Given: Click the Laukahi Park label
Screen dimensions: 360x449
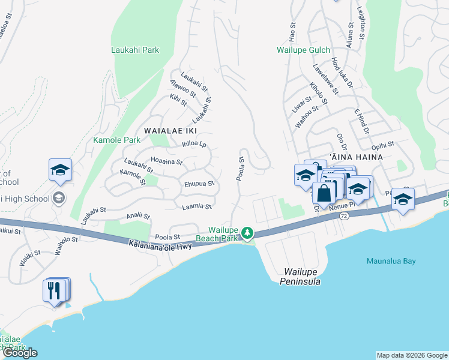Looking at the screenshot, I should pos(135,50).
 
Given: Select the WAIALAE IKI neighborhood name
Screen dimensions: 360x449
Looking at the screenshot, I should pos(171,130).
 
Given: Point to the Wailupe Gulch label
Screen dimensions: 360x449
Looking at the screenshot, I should pos(303,50).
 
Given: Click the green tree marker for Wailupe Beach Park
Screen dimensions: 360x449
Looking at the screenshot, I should pos(247,233).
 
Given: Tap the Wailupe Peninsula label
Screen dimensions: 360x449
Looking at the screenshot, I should pos(303,277).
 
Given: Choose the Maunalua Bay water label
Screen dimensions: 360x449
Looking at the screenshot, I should pos(391,261).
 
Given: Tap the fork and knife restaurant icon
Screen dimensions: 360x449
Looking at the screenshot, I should pos(55,291).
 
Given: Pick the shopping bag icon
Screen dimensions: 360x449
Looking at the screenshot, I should pos(324,193).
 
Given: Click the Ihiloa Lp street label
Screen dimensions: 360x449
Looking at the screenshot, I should pos(194,144).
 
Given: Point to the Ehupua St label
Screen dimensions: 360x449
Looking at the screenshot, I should pos(199,184).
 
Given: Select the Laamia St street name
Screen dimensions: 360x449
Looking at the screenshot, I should pos(197,206).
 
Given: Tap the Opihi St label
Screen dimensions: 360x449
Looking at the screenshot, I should pos(382,145).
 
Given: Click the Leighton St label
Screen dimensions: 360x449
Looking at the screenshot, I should pos(360,24).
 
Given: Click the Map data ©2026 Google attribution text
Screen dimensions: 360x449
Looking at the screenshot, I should pos(411,355).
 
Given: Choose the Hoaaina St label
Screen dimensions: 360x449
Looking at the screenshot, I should pos(166,161).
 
